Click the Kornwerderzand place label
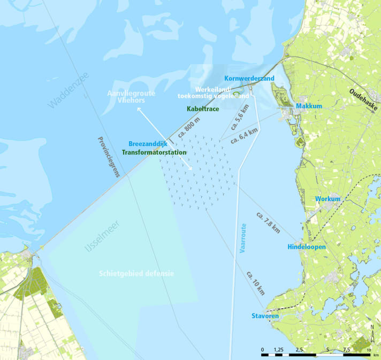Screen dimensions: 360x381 [x=249, y=78]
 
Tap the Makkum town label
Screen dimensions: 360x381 [x=309, y=106]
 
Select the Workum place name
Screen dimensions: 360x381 [x=328, y=198]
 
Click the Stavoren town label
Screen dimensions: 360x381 [x=264, y=316]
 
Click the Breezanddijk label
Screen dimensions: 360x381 [x=149, y=143]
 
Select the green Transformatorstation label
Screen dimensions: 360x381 [x=154, y=152]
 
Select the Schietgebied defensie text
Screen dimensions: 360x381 [x=136, y=273]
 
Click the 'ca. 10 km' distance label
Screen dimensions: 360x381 [x=255, y=283]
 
